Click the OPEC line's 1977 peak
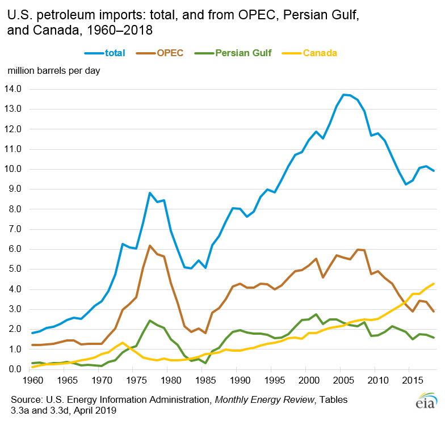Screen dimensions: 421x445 [x=150, y=246]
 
